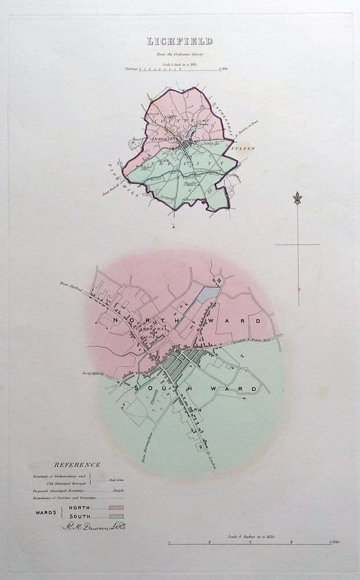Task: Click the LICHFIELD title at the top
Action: click(x=180, y=41)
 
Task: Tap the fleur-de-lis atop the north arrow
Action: click(x=298, y=198)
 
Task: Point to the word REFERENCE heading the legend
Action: click(x=77, y=465)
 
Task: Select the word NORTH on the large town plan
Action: click(x=133, y=319)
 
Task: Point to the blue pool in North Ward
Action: click(x=205, y=296)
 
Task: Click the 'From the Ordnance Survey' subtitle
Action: click(x=179, y=54)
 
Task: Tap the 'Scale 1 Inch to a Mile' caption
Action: click(x=179, y=62)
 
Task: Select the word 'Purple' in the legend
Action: click(x=118, y=490)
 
